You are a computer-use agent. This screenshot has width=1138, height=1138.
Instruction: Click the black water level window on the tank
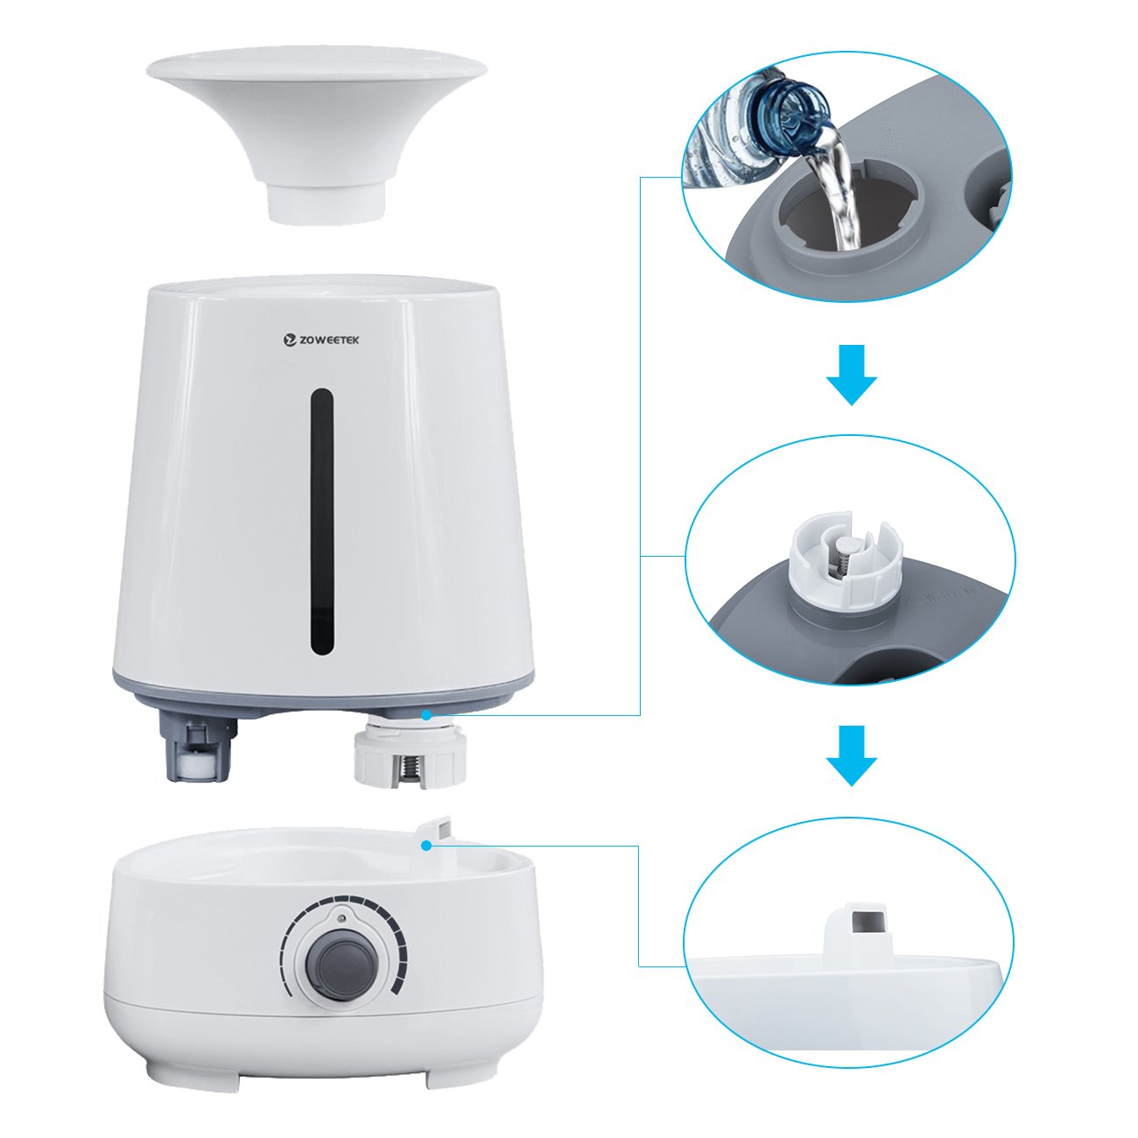pyautogui.click(x=323, y=522)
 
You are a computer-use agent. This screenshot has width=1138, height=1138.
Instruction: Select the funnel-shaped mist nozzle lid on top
pyautogui.click(x=317, y=132)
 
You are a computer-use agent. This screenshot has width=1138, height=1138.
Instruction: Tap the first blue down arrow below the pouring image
pyautogui.click(x=851, y=374)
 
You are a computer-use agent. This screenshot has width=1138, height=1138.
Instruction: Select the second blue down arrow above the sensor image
pyautogui.click(x=851, y=755)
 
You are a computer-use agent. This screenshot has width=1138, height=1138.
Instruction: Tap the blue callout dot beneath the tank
pyautogui.click(x=425, y=715)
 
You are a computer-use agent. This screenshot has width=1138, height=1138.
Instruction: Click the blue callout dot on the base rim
pyautogui.click(x=425, y=846)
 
